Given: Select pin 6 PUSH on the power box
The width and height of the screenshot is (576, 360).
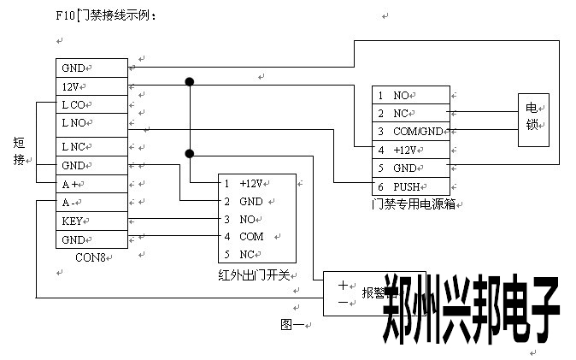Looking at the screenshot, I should click(x=411, y=186).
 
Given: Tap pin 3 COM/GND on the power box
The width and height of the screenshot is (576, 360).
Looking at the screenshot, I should click(x=411, y=132).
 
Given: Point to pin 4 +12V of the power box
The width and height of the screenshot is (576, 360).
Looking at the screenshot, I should click(x=411, y=150).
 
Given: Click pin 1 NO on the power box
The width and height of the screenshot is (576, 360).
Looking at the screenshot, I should click(x=411, y=96).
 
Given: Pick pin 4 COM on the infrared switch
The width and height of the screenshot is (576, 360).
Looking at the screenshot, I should click(x=257, y=236).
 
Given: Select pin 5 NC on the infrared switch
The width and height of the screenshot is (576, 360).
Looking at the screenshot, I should click(x=257, y=254).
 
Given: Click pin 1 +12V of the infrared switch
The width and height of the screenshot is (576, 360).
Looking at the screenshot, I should click(x=257, y=184).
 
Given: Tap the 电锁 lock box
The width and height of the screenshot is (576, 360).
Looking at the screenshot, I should click(x=532, y=116).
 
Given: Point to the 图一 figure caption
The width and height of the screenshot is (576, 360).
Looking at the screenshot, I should click(x=292, y=324).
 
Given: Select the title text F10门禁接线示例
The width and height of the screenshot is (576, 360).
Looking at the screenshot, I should click(x=106, y=15).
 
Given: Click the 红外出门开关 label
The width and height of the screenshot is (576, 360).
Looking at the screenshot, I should click(x=255, y=274).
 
